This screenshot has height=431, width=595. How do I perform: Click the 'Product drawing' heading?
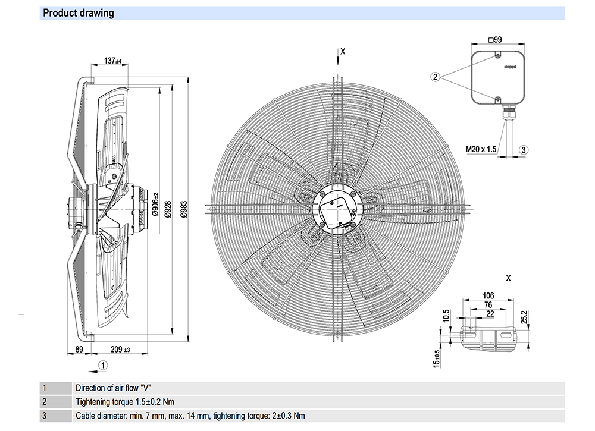79,13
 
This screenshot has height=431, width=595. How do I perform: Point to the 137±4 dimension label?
112,61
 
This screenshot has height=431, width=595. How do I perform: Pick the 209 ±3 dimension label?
120,350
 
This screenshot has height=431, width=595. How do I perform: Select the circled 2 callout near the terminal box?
436,77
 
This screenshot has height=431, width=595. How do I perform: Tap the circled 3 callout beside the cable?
523,150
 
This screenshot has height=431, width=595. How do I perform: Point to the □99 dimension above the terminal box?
495,40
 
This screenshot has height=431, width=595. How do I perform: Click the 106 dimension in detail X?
488,296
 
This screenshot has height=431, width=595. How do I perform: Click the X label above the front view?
343,52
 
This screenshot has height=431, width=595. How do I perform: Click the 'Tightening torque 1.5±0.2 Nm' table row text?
125,402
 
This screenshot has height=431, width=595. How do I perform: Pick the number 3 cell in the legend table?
43,416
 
